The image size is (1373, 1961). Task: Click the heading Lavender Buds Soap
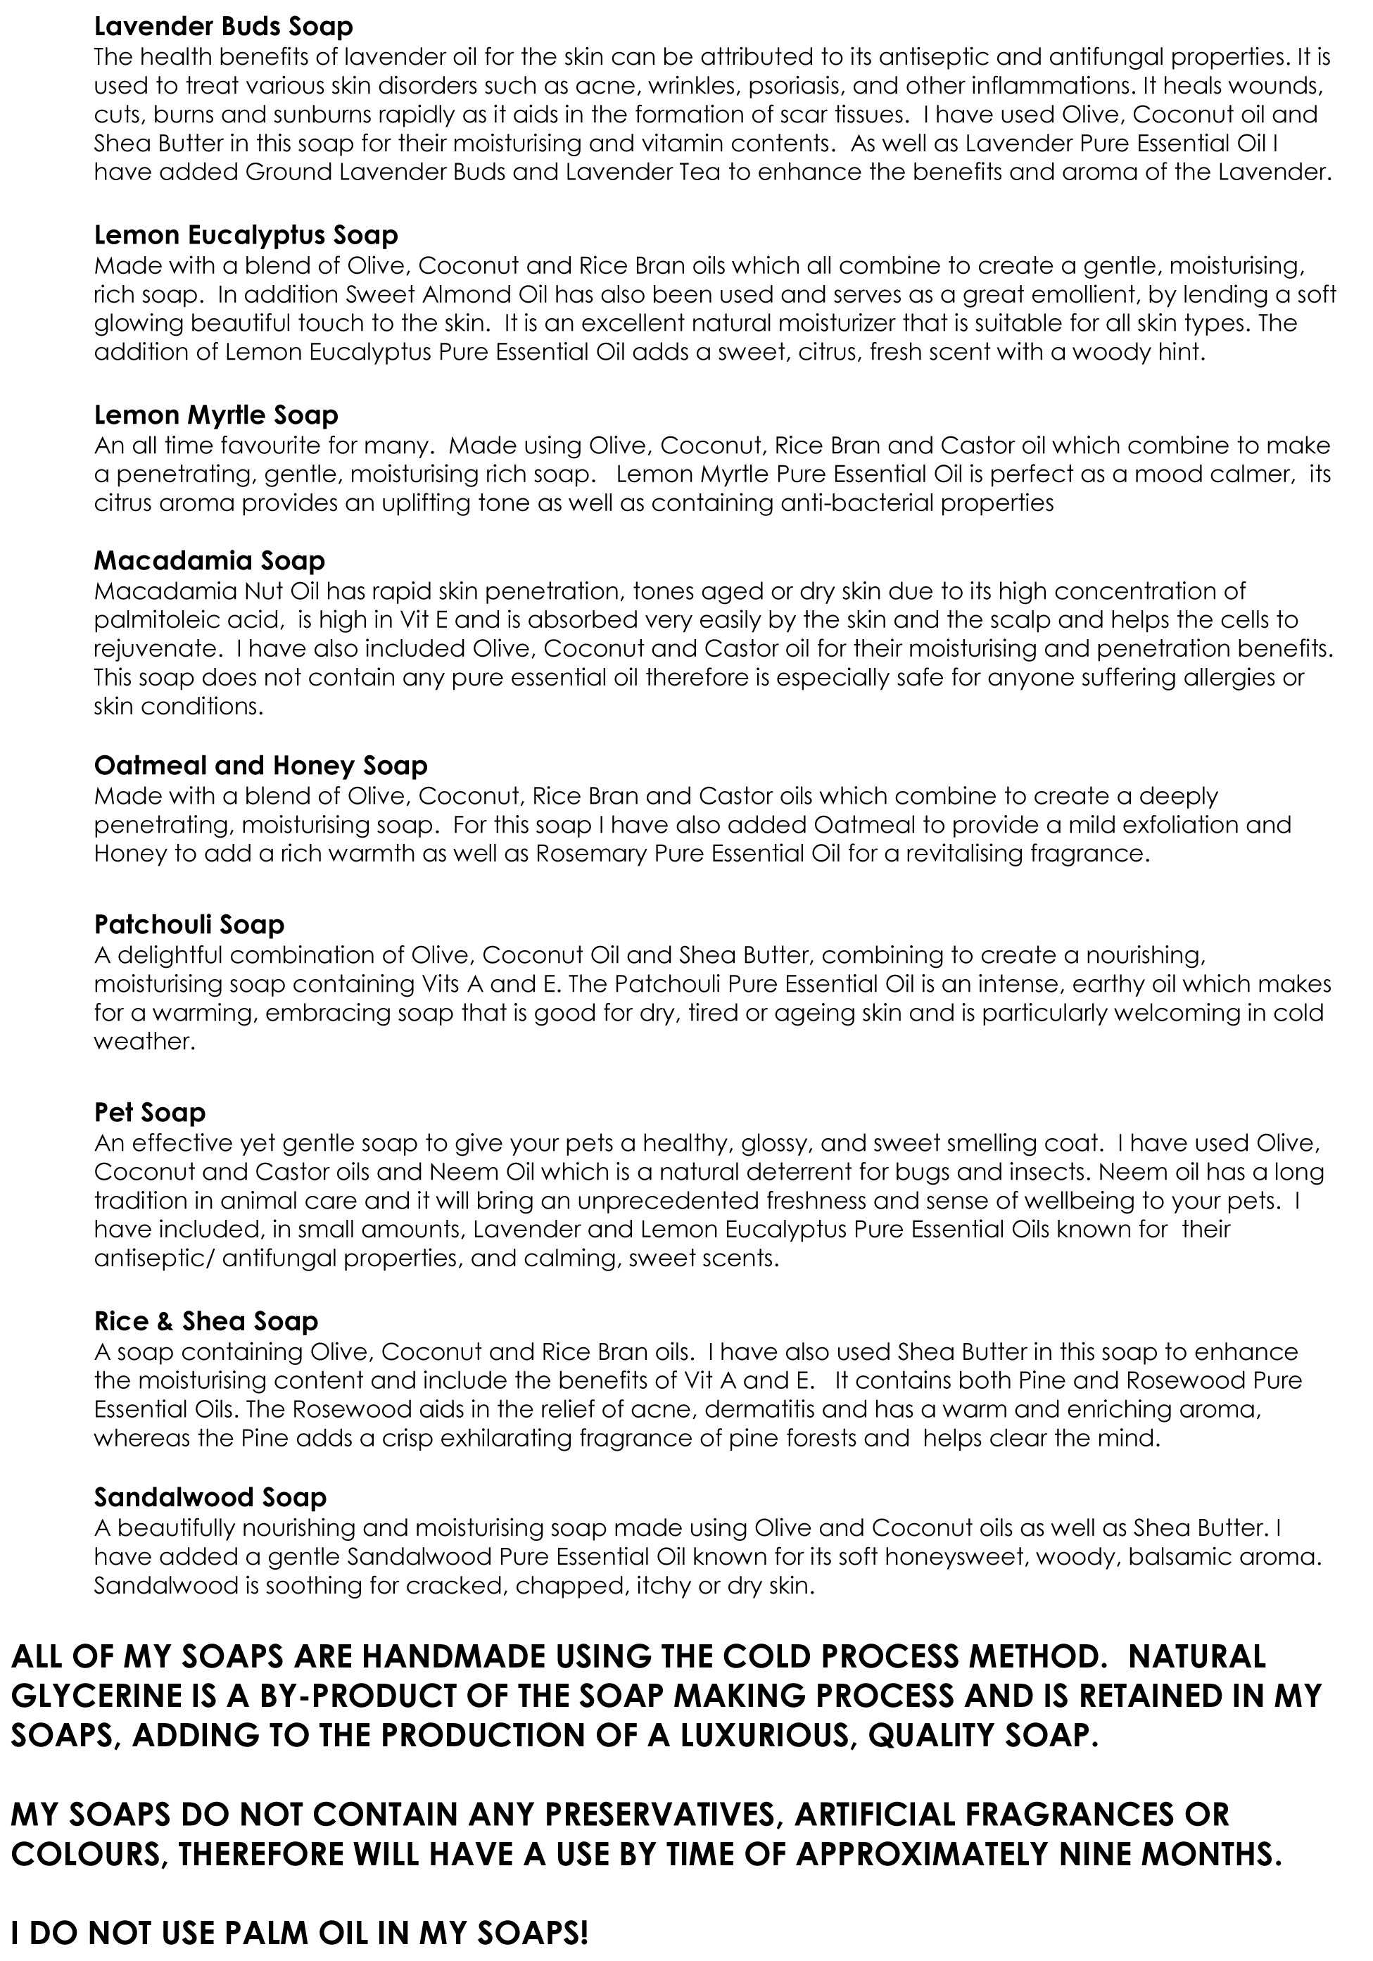223,27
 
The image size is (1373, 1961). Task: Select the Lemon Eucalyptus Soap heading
246,235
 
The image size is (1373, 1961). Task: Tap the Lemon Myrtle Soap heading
216,415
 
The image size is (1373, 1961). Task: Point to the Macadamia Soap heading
209,560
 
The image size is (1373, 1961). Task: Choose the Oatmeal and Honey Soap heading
260,765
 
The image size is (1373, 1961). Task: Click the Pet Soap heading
149,1112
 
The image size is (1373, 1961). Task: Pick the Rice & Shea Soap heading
205,1321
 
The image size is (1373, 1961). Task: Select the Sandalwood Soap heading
210,1497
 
